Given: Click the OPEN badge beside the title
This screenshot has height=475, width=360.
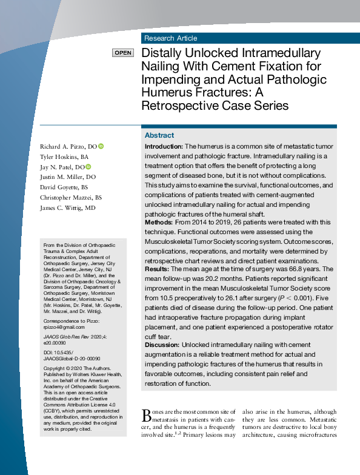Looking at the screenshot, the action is point(123,53).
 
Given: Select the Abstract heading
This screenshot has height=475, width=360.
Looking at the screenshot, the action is point(159,135).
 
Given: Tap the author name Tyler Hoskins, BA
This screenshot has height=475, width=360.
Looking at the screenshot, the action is point(64,157).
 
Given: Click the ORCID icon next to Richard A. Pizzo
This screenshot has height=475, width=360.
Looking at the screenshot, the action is point(101,146).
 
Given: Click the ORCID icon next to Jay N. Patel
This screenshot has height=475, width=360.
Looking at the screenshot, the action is point(88,167).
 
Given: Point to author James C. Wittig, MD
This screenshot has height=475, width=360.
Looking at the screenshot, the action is point(68,208).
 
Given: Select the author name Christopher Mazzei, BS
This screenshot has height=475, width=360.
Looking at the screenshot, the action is point(71,198).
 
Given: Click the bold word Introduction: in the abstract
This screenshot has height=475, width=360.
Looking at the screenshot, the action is point(164,147).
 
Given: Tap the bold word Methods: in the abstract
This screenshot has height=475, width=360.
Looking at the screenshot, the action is point(159,223).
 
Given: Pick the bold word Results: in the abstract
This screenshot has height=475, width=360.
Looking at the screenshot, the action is point(158,269).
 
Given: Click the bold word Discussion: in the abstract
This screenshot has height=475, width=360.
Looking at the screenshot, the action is point(162,345).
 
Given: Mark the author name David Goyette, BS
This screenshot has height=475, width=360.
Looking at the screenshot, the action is point(64,187).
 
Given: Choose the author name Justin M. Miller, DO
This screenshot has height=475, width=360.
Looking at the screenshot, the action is point(68,177).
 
